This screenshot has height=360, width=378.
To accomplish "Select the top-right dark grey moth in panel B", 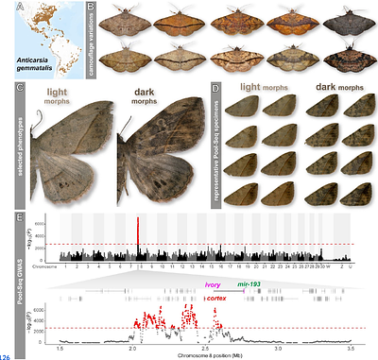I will tap(340, 23).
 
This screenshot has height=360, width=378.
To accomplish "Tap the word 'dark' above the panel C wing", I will tap(145, 93).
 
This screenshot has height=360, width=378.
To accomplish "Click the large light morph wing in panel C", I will tap(71, 151).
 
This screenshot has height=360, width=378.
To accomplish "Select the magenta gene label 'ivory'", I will tap(214, 283).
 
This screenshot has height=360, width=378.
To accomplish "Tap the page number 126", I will tap(7, 356).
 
